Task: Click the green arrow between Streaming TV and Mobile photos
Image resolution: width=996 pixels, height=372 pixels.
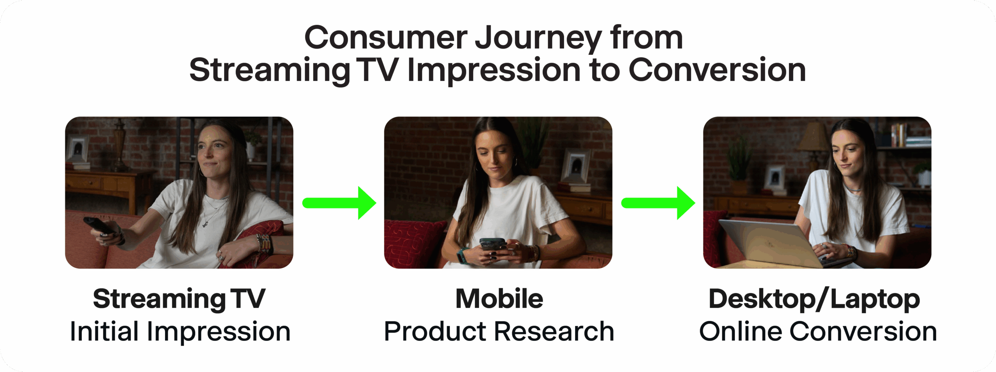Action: tap(339, 203)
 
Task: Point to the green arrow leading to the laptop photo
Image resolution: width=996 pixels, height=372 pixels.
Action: tap(658, 203)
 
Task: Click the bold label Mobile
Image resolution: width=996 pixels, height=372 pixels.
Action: tap(499, 299)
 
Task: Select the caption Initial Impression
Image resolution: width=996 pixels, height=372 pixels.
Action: tap(180, 332)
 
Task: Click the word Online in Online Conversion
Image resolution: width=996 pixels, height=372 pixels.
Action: tap(740, 331)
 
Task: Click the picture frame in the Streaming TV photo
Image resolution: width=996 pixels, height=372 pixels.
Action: tap(78, 148)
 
